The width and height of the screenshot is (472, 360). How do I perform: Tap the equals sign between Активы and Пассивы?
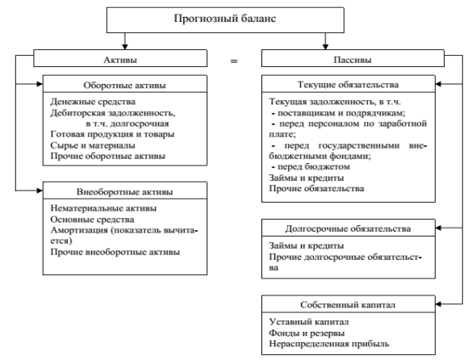tap(234, 61)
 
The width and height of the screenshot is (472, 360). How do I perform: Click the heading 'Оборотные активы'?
tap(124, 86)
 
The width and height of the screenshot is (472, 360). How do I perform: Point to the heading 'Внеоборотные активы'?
tap(124, 192)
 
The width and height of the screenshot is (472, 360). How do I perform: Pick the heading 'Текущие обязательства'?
tap(348, 85)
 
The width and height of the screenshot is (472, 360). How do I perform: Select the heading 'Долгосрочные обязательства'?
tap(348, 228)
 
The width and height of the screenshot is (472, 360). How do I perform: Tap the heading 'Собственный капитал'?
tap(348, 305)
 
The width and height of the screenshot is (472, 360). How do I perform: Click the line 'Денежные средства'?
tap(93, 102)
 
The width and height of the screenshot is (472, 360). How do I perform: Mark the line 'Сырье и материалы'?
tap(93, 145)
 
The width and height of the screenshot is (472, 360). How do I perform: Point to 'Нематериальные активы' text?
tap(103, 208)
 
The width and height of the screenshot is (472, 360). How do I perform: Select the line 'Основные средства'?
tap(92, 220)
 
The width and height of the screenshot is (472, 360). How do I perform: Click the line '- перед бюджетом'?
tap(311, 167)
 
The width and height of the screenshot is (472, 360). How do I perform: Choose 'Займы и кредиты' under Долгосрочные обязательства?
tap(307, 246)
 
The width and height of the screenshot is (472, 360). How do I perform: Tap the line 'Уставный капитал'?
tap(309, 322)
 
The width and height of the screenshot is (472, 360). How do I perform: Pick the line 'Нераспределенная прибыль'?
tap(329, 344)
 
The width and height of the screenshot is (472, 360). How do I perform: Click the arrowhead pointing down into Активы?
tap(125, 47)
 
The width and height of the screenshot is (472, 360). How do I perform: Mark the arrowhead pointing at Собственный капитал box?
tap(438, 304)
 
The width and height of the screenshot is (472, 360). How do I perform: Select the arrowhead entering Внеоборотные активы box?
tap(40, 190)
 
